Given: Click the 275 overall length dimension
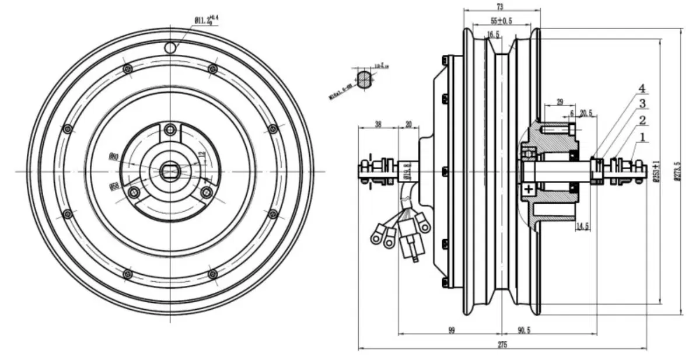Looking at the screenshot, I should click(502, 344).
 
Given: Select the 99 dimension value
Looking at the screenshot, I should click(452, 330).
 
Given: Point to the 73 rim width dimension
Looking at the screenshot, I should click(500, 6).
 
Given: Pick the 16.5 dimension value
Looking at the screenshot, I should click(494, 35).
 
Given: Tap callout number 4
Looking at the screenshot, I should click(642, 89).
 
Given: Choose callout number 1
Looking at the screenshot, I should click(642, 138).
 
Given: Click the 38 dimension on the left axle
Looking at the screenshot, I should click(378, 124).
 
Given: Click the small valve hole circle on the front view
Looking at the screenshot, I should click(170, 47).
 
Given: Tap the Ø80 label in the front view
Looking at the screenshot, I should click(114, 156).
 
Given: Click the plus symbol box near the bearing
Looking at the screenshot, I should click(528, 189).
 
